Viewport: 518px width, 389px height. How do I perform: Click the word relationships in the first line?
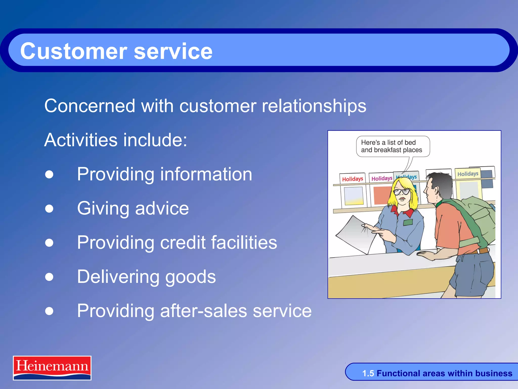click(314, 106)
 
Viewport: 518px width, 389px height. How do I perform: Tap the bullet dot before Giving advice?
click(49, 208)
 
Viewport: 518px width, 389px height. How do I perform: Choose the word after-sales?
click(204, 311)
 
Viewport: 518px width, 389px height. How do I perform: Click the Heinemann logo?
click(52, 368)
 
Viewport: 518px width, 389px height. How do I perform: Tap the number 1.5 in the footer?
click(368, 373)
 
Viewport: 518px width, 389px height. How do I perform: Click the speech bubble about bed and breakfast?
click(393, 146)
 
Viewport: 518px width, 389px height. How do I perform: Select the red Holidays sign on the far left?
click(352, 179)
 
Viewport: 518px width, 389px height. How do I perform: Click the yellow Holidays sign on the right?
click(468, 174)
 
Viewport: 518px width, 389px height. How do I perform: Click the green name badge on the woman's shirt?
click(408, 222)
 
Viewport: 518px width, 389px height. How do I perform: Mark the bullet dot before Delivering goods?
click(49, 277)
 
